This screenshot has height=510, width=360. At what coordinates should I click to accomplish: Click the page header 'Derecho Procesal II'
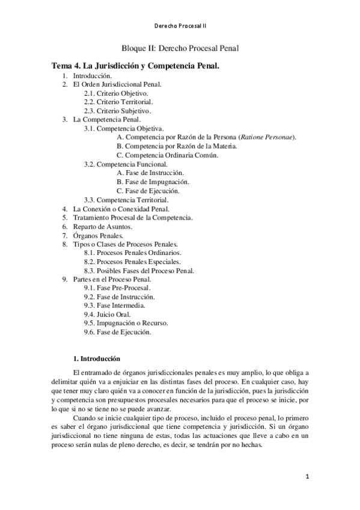point(180,26)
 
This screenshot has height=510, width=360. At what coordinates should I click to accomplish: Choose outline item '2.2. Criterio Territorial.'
point(118,102)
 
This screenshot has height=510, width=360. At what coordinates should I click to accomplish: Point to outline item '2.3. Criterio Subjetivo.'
point(117,111)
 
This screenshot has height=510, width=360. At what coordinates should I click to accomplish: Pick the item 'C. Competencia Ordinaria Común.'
point(167,155)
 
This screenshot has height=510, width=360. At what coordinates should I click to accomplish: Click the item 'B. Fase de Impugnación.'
point(153,182)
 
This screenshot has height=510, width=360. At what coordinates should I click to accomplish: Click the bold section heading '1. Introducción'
point(96,358)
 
